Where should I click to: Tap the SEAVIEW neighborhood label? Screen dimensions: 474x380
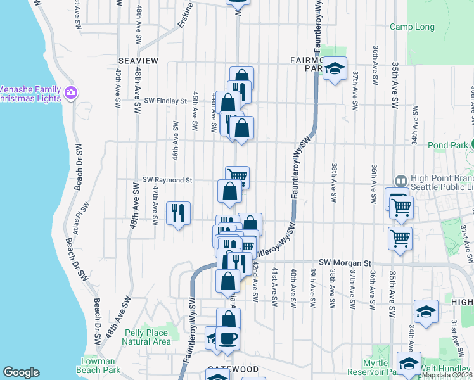[138, 60]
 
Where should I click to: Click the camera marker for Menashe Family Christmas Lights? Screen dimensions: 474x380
[70, 93]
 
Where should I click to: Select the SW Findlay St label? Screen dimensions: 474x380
[165, 100]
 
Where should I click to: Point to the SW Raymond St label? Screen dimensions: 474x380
[167, 180]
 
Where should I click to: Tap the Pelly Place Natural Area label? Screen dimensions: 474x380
[146, 337]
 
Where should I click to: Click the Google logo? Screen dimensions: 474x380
[21, 372]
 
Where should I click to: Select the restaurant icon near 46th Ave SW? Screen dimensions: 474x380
[178, 212]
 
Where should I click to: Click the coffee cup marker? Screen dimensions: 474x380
[227, 337]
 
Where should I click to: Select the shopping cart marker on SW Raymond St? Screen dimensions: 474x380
[237, 177]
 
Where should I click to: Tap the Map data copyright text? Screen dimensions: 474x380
[447, 375]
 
